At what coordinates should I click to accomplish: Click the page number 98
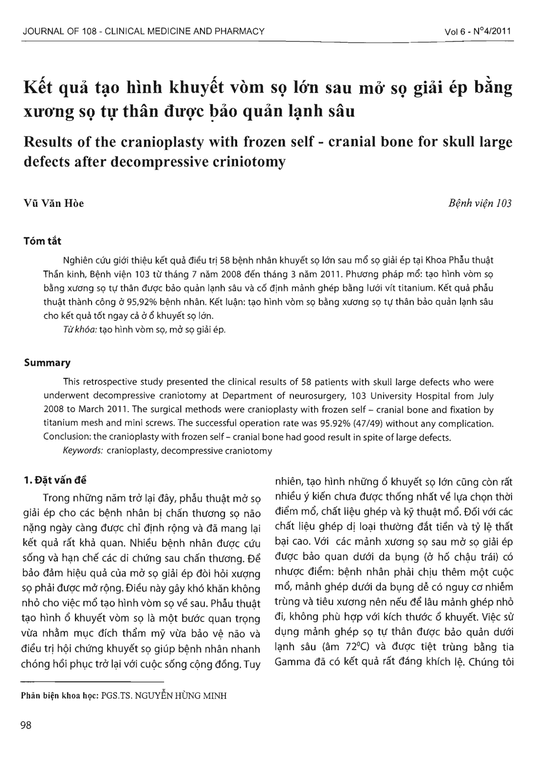click(x=25, y=726)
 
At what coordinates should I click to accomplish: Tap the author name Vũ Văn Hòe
click(x=54, y=203)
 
